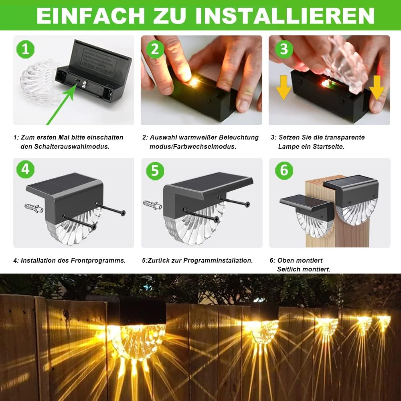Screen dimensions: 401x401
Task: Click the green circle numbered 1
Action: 25,49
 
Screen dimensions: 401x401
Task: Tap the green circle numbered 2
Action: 155,49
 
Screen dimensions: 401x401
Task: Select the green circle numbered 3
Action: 284,49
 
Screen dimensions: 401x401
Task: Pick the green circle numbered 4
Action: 25,169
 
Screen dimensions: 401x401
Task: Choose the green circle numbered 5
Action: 155,171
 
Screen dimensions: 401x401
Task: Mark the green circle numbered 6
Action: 284,170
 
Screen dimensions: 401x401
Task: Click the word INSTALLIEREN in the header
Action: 285,16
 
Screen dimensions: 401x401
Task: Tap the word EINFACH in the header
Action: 91,16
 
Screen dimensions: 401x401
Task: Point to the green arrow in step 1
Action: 62,104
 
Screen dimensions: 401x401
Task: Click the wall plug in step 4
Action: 34,208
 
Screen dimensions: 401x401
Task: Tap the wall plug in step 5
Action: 152,205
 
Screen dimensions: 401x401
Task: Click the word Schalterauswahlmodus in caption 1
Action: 72,146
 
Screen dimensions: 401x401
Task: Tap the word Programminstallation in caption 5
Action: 218,260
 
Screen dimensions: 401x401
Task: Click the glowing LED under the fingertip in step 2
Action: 194,82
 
